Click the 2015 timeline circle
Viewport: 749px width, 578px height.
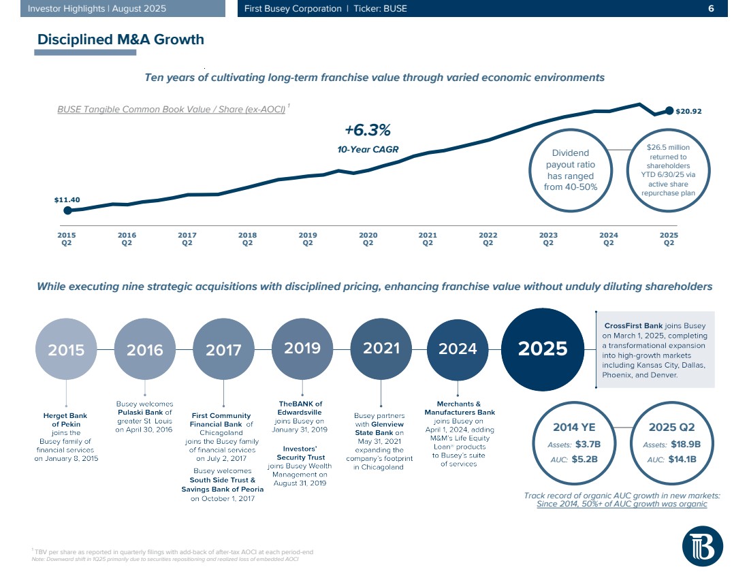coord(66,350)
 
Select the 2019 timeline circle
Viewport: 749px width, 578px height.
coord(302,348)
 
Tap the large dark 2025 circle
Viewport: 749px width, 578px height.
coord(543,349)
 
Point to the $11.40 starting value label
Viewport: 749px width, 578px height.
coord(67,200)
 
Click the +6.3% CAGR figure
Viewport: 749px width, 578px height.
coord(367,130)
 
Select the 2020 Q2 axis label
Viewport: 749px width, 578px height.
coord(368,238)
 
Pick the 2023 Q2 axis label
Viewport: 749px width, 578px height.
coord(548,238)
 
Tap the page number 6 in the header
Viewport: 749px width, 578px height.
coord(711,9)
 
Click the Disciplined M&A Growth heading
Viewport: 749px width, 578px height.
coord(121,39)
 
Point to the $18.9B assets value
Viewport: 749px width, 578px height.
coord(686,445)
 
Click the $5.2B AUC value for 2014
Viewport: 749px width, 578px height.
coord(584,459)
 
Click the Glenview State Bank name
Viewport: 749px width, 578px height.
coord(380,428)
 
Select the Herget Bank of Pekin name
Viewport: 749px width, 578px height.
coord(66,419)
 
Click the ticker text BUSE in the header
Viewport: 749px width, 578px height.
coord(395,9)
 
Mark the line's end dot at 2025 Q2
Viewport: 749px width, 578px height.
coord(669,111)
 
